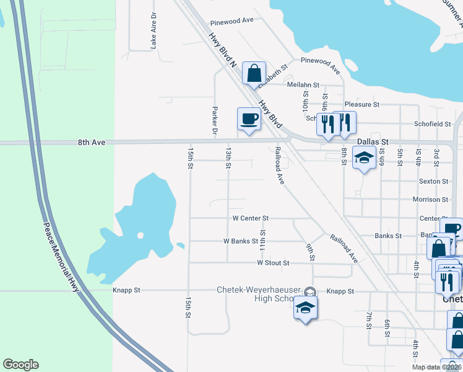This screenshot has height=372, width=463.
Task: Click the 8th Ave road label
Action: pos(92,143)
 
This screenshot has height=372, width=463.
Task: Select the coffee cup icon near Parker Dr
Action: pos(249,118)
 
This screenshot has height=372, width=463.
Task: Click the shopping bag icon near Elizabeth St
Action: pos(254,73)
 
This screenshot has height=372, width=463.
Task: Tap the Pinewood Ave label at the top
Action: pos(231,20)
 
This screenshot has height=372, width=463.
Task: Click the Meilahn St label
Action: pos(303,85)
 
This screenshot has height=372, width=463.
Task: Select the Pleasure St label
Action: pos(361,105)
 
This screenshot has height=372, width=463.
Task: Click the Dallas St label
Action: pos(373,142)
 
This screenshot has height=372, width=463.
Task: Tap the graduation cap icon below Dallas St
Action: pos(364,158)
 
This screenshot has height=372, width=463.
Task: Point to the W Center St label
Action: pos(250,218)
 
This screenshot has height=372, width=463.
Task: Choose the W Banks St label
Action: pos(240,241)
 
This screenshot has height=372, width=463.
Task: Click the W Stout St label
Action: pos(273,263)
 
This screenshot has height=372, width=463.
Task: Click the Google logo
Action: pos(20,365)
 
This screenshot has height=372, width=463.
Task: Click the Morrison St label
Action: pos(430,200)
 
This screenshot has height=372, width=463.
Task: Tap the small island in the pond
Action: pos(141,236)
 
